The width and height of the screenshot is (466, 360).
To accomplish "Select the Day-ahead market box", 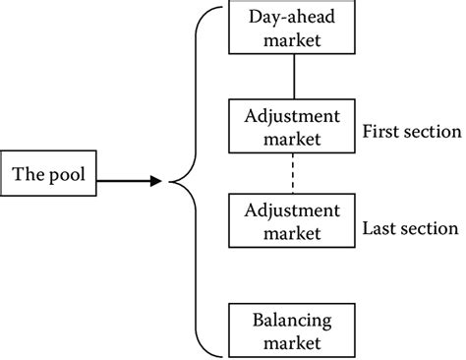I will (x=292, y=29).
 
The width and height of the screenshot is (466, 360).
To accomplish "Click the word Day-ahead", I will (x=292, y=19).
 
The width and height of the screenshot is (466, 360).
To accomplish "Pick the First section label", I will (x=411, y=132).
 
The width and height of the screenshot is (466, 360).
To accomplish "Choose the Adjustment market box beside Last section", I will (x=291, y=221).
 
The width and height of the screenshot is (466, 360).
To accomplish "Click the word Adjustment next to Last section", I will (x=291, y=210).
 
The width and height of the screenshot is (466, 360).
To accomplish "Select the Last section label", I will (x=410, y=229).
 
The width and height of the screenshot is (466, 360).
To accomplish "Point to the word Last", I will (x=381, y=229).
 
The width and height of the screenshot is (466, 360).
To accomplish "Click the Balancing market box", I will (x=292, y=330).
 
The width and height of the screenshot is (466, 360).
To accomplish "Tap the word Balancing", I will (x=292, y=321).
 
